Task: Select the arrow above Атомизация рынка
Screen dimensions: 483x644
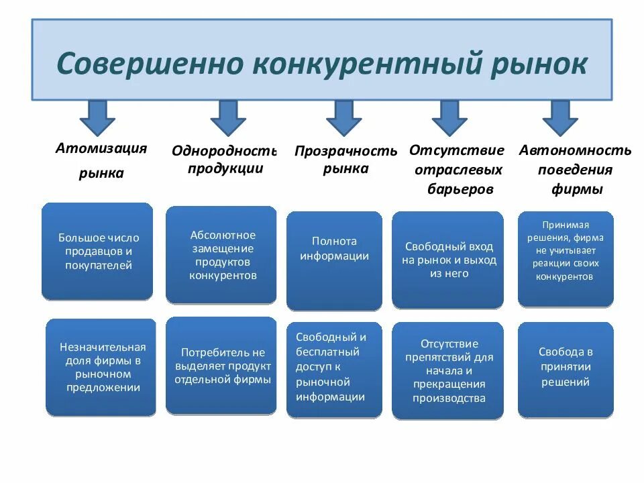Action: coord(97,117)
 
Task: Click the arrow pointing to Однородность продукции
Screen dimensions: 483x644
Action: coord(228,117)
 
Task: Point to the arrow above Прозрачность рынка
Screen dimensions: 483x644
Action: coord(343,117)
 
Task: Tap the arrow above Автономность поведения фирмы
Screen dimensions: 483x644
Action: coord(560,117)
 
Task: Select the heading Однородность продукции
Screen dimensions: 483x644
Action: coord(225,159)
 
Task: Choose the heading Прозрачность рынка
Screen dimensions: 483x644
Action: coord(345,160)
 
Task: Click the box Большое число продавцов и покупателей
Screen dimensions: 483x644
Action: coord(97,251)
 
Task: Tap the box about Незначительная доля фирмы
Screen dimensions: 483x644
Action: coord(101,367)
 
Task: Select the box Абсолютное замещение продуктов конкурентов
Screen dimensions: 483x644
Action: coord(221,254)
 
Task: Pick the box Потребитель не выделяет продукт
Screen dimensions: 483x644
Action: coord(221,366)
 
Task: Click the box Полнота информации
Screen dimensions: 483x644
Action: coord(334,260)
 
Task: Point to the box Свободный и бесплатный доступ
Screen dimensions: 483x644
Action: coord(334,370)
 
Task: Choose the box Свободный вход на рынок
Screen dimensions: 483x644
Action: coord(448,260)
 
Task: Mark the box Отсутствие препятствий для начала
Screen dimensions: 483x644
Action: coord(448,370)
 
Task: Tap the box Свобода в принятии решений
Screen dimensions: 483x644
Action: coord(566,369)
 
